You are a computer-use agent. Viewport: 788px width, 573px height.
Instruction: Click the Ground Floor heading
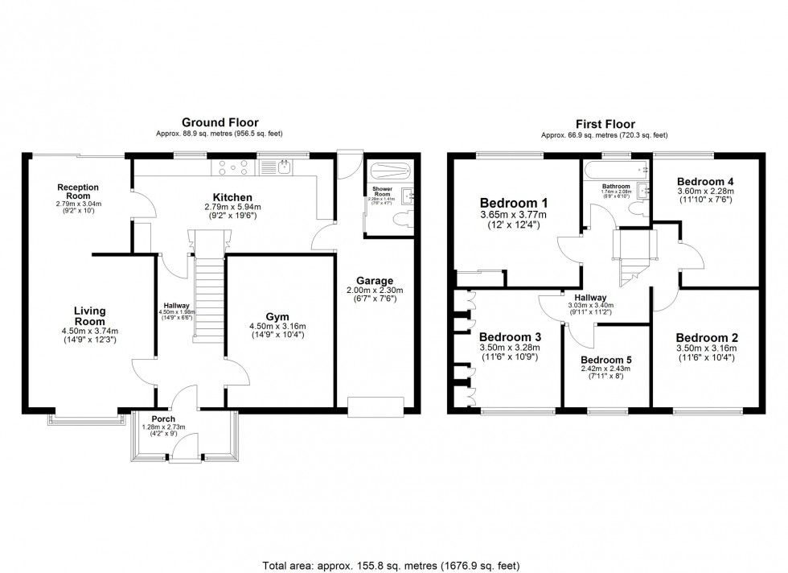click(220, 122)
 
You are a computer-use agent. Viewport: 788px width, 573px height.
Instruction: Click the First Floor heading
click(605, 124)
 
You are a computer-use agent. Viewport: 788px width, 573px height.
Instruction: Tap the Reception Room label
click(78, 192)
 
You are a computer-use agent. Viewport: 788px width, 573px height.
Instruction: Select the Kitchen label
click(232, 197)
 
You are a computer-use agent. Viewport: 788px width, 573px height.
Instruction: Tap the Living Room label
click(90, 315)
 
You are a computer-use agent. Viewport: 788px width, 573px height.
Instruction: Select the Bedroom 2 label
click(707, 337)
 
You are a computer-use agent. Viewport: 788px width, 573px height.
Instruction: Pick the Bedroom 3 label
click(510, 336)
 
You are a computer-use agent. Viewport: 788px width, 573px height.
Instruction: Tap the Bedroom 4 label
click(705, 180)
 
